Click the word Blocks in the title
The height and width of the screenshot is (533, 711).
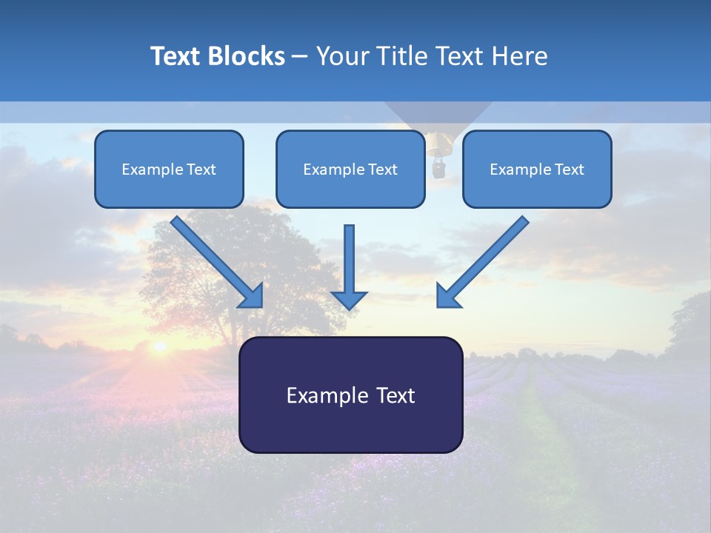click(247, 56)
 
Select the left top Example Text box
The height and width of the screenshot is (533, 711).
click(169, 169)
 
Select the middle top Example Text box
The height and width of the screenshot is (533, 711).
click(350, 169)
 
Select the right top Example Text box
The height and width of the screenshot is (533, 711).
click(537, 169)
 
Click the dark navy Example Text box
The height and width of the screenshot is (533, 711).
click(350, 395)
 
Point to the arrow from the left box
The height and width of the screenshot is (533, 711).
click(215, 259)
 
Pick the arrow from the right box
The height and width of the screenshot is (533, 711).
click(485, 259)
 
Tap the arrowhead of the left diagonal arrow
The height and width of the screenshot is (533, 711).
click(252, 296)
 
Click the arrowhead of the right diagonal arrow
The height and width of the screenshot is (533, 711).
click(448, 296)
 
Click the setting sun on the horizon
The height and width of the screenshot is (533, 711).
click(158, 346)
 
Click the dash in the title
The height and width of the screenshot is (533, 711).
click(300, 56)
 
